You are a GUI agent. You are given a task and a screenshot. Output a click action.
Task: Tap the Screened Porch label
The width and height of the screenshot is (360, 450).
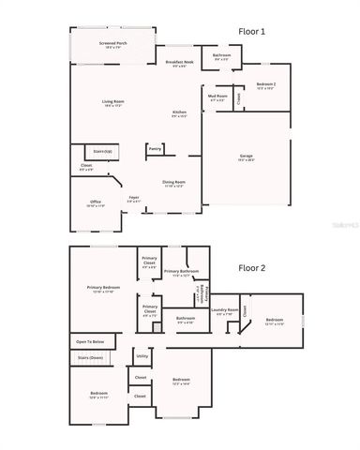113,45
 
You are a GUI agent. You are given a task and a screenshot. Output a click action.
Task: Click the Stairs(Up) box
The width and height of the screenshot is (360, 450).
102,150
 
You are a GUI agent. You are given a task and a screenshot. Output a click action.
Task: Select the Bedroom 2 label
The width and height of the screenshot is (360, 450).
264,85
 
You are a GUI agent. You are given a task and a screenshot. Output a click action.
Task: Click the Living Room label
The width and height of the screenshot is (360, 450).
113,103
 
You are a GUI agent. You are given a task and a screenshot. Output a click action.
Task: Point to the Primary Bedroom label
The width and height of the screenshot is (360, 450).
103,289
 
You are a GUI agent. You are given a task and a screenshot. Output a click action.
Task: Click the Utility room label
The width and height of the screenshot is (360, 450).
142,356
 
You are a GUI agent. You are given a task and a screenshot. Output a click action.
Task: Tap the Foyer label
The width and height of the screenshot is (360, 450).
134,198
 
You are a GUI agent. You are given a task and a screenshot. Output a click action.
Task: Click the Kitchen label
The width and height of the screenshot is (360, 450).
179,114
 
